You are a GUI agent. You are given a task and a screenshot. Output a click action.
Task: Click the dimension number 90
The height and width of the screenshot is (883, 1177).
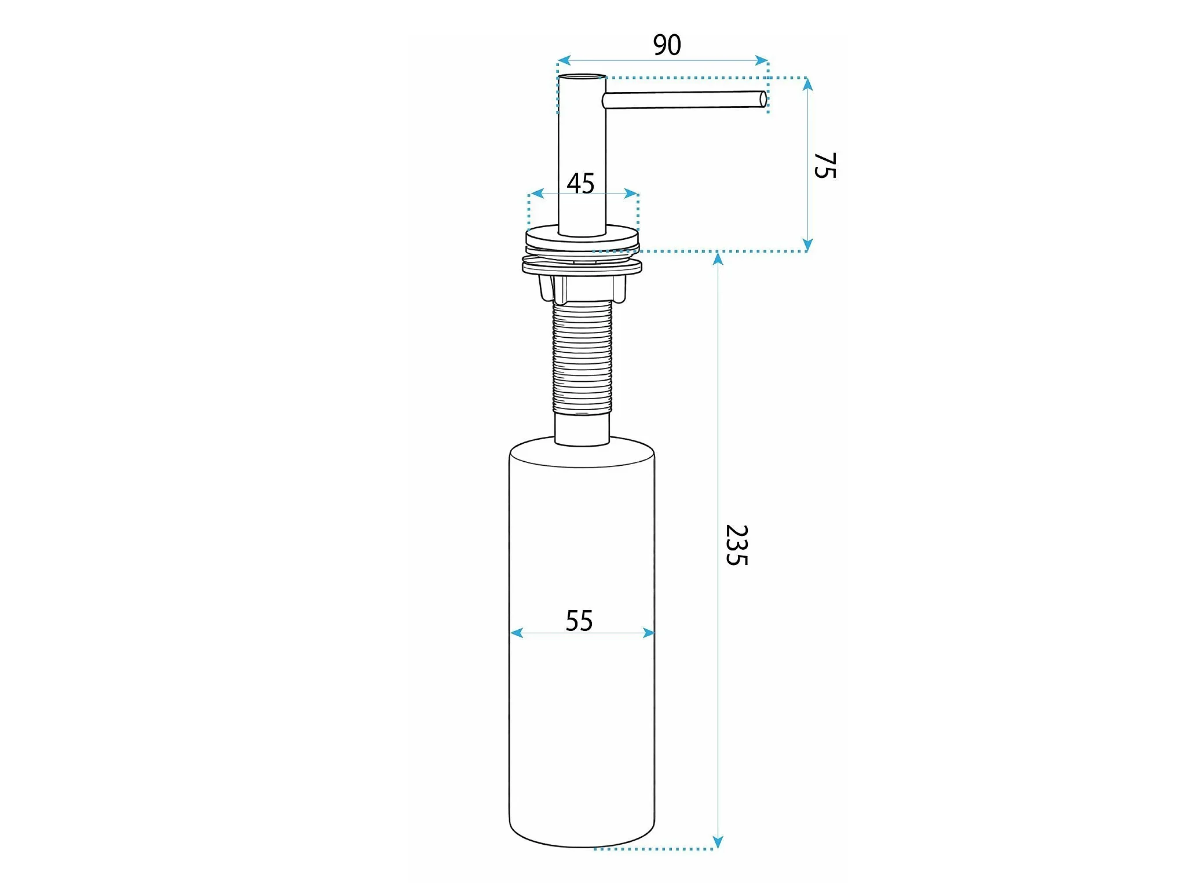[x=667, y=45]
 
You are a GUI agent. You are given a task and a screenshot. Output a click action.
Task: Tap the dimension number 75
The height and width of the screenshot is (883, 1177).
[x=825, y=166]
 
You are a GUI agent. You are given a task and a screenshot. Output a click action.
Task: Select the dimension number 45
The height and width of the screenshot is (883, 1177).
[x=580, y=184]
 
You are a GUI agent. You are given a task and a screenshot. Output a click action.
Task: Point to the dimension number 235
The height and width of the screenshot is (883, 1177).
[x=737, y=545]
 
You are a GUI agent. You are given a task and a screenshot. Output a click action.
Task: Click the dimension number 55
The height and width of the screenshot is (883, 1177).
[x=579, y=621]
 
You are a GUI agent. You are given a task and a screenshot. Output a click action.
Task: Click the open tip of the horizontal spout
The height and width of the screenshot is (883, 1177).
[x=763, y=99]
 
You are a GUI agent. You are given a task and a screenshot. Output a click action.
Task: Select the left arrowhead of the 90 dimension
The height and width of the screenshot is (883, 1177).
[x=564, y=60]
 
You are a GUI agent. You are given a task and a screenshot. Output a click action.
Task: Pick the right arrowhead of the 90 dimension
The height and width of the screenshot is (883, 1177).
[x=762, y=60]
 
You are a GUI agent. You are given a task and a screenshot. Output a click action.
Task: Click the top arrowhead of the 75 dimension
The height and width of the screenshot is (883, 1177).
[x=808, y=85]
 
